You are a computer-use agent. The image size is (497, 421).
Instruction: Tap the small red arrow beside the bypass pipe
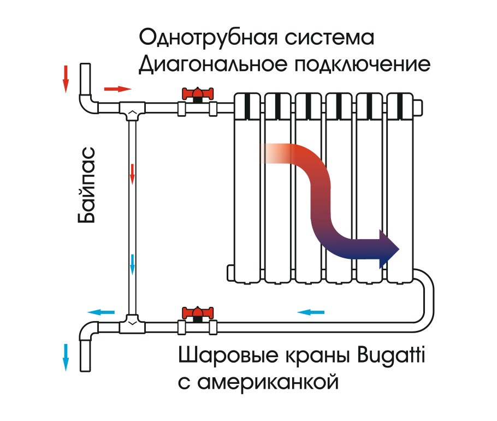pyautogui.click(x=132, y=174)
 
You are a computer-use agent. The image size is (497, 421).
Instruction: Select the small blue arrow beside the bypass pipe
pyautogui.click(x=132, y=264)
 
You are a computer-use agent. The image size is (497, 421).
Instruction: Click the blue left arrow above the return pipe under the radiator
pyautogui.click(x=311, y=312)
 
